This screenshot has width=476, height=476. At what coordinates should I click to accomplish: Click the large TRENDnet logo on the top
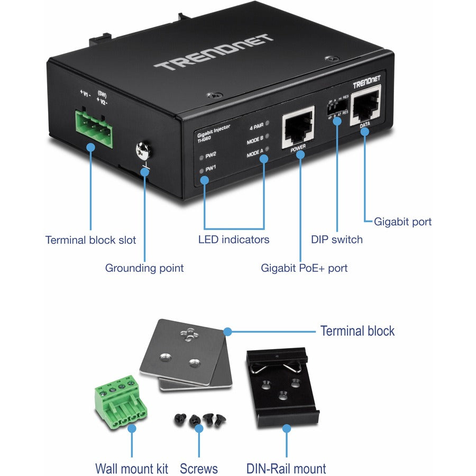coord(213,53)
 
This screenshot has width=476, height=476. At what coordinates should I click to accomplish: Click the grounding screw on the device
coord(143,151)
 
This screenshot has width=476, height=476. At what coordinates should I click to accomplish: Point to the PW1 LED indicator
coord(200,170)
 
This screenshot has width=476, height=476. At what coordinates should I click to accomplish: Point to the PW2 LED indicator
coord(200,157)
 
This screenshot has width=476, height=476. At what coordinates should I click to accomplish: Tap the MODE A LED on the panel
coord(267,150)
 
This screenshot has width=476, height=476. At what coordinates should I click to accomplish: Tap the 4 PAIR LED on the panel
coord(267,123)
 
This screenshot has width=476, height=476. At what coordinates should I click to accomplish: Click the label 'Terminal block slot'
coord(90,240)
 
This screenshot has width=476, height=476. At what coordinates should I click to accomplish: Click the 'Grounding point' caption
coord(144,268)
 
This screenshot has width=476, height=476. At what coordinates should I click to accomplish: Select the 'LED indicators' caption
coord(234,240)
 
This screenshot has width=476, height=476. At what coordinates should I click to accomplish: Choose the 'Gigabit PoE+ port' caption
coord(304,268)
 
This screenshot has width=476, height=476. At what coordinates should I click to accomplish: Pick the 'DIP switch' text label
coord(337,240)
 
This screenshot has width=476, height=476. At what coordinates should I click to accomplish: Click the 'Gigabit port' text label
coord(402,222)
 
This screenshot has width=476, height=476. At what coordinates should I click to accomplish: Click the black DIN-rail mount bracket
coord(281,381)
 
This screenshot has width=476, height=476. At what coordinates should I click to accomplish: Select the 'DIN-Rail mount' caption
coord(286,468)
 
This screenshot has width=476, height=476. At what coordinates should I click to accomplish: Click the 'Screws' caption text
coord(198,468)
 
